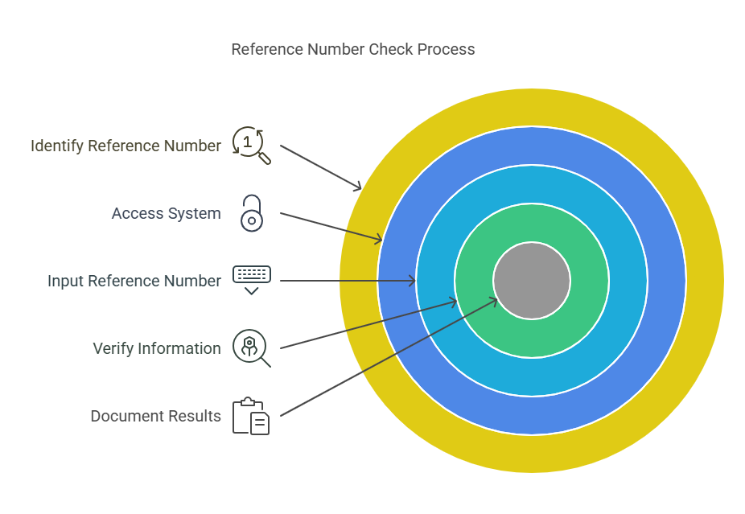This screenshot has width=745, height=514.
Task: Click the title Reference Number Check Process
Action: (x=352, y=50)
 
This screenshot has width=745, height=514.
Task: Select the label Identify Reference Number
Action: (x=126, y=146)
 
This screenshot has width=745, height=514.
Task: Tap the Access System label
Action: (x=166, y=213)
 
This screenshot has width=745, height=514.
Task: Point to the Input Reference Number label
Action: (x=134, y=281)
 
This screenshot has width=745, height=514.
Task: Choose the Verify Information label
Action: (x=157, y=348)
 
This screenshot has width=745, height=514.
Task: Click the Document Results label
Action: (x=155, y=416)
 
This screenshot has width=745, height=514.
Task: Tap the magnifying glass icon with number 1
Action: (x=251, y=145)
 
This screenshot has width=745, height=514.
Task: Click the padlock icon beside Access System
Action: (x=252, y=213)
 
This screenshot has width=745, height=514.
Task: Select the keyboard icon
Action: (x=252, y=278)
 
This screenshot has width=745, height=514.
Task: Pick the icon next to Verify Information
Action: (x=251, y=347)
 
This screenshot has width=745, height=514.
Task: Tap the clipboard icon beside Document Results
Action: (x=251, y=416)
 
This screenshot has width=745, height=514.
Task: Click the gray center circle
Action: (x=532, y=281)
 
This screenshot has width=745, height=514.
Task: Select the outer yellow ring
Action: (x=532, y=107)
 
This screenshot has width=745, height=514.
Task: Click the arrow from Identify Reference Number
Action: (x=320, y=167)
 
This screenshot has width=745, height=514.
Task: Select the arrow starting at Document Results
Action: (x=386, y=356)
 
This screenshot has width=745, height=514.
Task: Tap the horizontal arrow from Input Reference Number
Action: (x=346, y=281)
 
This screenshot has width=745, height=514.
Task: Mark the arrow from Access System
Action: (x=330, y=226)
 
